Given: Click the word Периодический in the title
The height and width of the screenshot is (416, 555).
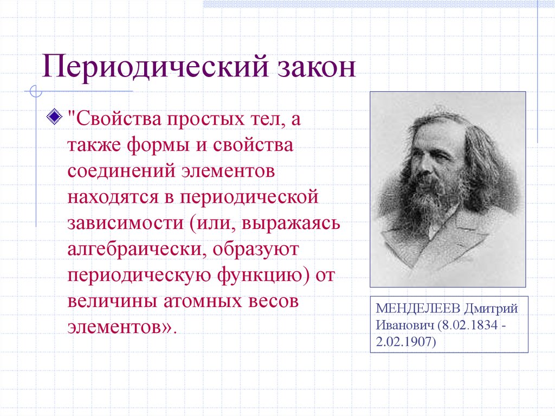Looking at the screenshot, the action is tap(156, 67).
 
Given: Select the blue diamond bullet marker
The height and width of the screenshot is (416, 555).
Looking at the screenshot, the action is tap(55, 116).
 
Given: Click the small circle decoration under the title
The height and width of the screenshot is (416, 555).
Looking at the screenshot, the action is tap(36, 92).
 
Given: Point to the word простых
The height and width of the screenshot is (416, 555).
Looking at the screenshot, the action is tap(205, 119).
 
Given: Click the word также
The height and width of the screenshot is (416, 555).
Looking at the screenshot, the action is tap(94, 146).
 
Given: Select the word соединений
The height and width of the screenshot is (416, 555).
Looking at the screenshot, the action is tap(121, 171).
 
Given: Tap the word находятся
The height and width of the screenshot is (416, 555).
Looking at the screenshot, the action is tap(113, 197).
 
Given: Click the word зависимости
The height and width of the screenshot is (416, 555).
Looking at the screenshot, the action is tap(125, 223).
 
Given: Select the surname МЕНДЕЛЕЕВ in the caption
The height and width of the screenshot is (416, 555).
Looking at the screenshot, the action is tap(418, 309).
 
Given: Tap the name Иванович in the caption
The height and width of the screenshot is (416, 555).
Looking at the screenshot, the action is tap(404, 325).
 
